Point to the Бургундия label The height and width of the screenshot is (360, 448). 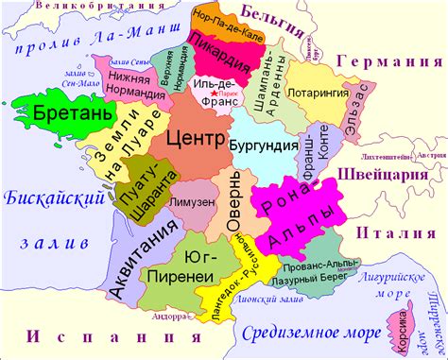(x=260, y=145)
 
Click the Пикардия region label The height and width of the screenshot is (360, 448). (x=218, y=53)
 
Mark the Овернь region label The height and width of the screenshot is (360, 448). (x=233, y=203)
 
